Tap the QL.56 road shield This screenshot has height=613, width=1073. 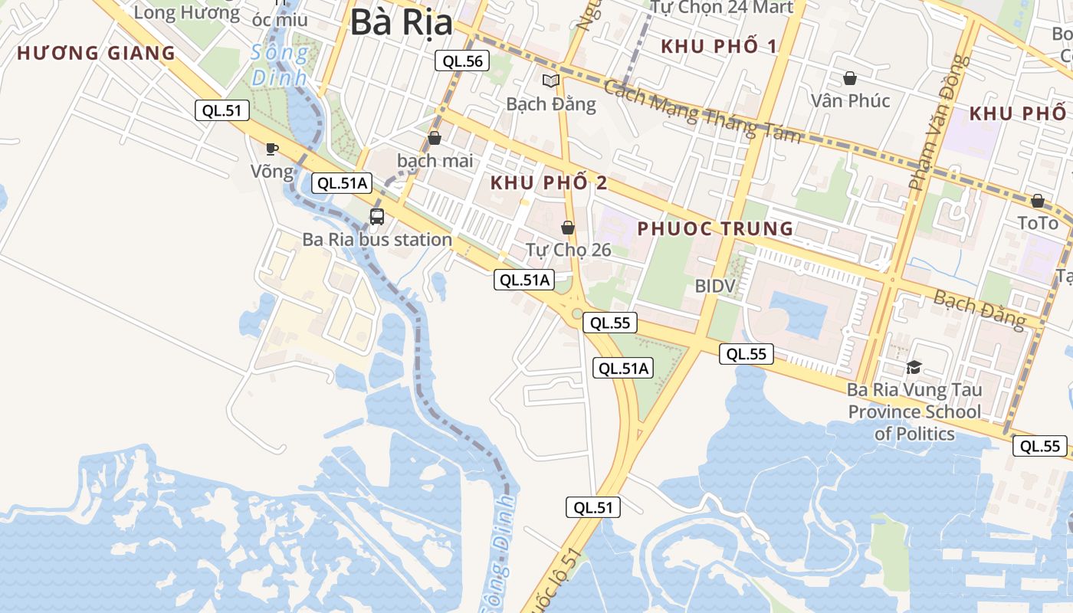pyautogui.click(x=462, y=61)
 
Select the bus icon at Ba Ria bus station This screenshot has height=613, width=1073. pyautogui.click(x=377, y=216)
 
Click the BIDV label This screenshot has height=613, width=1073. pyautogui.click(x=715, y=286)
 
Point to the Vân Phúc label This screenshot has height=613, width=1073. pyautogui.click(x=850, y=100)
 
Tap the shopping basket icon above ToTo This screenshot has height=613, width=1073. pyautogui.click(x=1037, y=201)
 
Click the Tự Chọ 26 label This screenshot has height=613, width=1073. pyautogui.click(x=568, y=250)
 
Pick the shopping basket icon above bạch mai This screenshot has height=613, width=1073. pyautogui.click(x=435, y=138)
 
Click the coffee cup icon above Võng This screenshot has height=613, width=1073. pyautogui.click(x=271, y=149)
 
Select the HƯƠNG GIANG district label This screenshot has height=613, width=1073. pyautogui.click(x=97, y=54)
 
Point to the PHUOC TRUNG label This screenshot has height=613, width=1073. pyautogui.click(x=715, y=228)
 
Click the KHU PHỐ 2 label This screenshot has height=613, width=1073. pyautogui.click(x=549, y=183)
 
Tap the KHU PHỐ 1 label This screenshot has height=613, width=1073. pyautogui.click(x=719, y=46)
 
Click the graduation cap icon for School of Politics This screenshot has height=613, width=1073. pyautogui.click(x=913, y=368)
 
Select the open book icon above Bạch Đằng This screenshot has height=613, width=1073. pyautogui.click(x=550, y=80)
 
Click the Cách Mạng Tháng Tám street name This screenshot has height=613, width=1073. pyautogui.click(x=701, y=110)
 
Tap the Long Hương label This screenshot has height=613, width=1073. pyautogui.click(x=186, y=12)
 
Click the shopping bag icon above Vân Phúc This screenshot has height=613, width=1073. pyautogui.click(x=850, y=78)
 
